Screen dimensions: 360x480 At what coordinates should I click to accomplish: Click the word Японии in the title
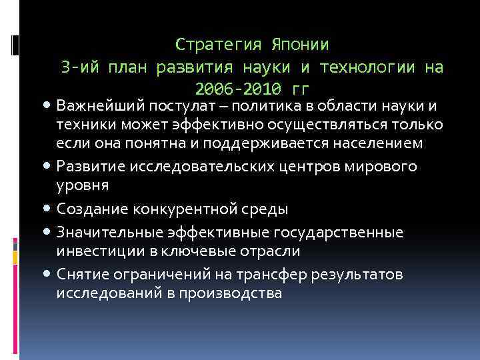pyautogui.click(x=300, y=45)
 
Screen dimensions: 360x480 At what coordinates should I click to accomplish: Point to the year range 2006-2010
pyautogui.click(x=243, y=89)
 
